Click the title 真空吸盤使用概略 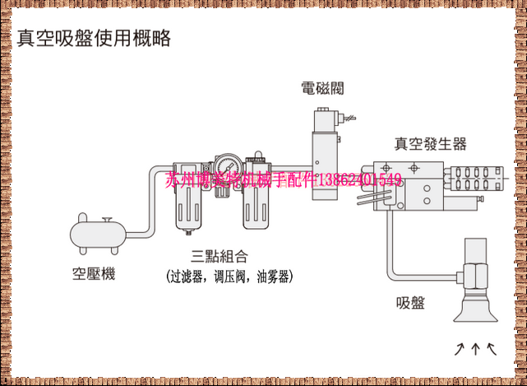click(94, 38)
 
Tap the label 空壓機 click(93, 273)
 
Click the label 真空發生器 click(430, 144)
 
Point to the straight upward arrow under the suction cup click(475, 349)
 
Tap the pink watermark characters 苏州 click(181, 179)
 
